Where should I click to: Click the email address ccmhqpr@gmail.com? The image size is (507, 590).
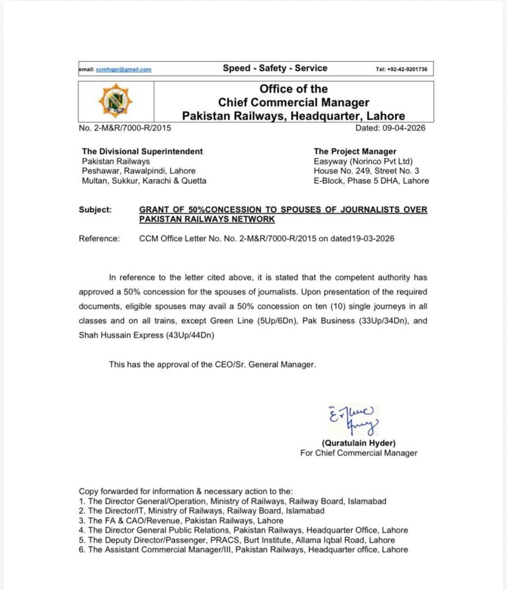coord(123,69)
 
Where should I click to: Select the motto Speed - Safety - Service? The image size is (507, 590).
coord(275,68)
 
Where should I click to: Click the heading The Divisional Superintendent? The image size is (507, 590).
coord(142,151)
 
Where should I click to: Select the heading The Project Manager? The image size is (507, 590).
coord(354,151)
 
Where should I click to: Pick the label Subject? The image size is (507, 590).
coord(95,210)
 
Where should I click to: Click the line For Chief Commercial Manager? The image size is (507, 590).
coord(359,453)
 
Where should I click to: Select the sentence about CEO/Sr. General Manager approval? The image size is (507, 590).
coord(212,364)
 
